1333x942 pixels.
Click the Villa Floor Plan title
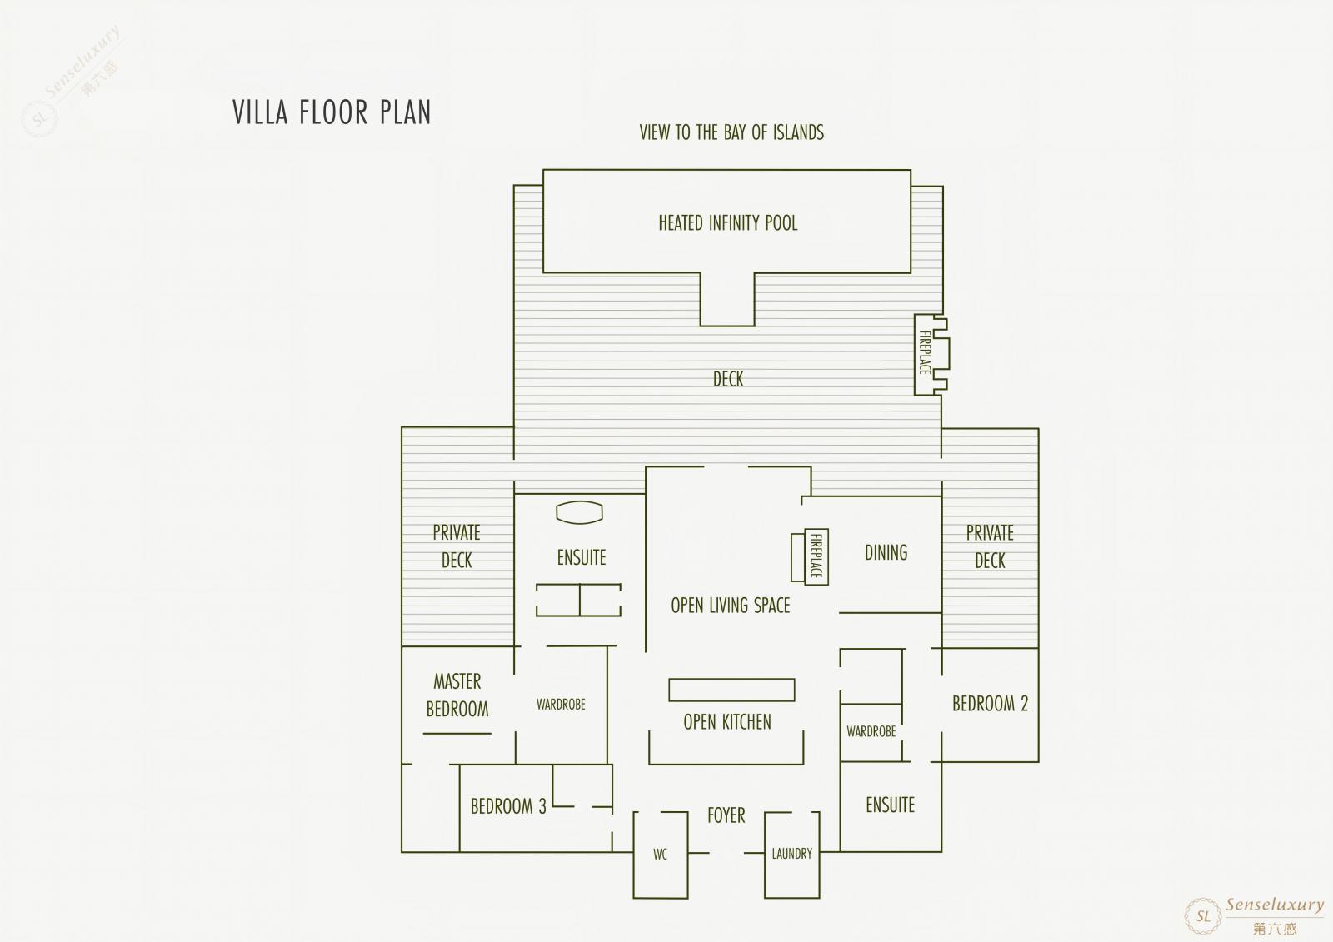tap(332, 112)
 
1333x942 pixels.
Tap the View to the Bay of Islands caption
tap(731, 132)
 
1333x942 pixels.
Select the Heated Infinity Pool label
tap(728, 223)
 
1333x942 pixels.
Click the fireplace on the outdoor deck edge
tap(931, 355)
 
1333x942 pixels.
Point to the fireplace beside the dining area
tap(810, 556)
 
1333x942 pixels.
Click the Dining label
tap(886, 553)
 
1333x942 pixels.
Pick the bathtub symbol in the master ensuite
tap(579, 511)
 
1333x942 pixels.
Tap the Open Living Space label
tap(730, 606)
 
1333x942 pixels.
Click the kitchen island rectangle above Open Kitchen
tap(731, 690)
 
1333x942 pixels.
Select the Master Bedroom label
tap(457, 695)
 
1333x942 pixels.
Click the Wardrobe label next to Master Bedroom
tap(561, 705)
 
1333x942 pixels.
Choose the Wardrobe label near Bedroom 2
tap(871, 731)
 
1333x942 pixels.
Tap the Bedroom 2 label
tap(991, 703)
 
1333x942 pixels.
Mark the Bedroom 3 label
tap(508, 806)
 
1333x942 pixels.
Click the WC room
tap(661, 855)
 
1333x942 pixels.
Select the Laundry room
tap(792, 855)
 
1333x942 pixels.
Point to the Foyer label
tap(726, 815)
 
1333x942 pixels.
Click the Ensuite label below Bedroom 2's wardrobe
tap(891, 805)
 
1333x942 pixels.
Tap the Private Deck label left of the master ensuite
tap(457, 546)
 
